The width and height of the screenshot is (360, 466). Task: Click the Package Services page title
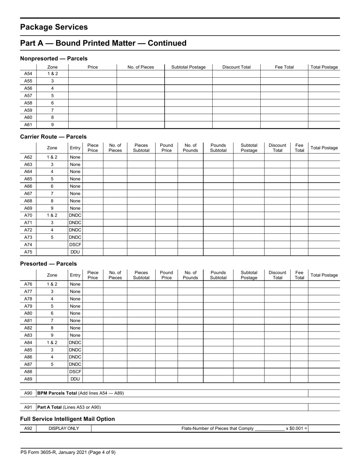(54, 27)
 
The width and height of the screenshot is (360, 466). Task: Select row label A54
(28, 74)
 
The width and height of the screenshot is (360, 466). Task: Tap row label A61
(28, 125)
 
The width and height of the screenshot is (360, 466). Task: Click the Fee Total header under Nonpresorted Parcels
(284, 67)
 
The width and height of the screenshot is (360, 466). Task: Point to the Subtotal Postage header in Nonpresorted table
(188, 67)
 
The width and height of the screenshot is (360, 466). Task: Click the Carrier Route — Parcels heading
(53, 137)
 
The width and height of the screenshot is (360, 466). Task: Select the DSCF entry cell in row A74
(75, 245)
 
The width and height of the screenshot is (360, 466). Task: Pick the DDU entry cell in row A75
(75, 252)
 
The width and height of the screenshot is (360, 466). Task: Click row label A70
(28, 216)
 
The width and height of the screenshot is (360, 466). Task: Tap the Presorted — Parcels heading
(48, 264)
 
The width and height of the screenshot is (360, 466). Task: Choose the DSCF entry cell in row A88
(75, 372)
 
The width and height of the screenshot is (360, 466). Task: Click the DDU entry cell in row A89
(75, 379)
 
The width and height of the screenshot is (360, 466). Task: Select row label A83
(28, 335)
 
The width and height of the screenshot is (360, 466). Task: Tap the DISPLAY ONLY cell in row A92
(64, 428)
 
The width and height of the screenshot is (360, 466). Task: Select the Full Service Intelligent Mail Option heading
(67, 419)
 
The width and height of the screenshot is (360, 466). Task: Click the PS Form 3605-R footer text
(68, 452)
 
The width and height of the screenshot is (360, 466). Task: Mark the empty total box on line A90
(324, 393)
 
